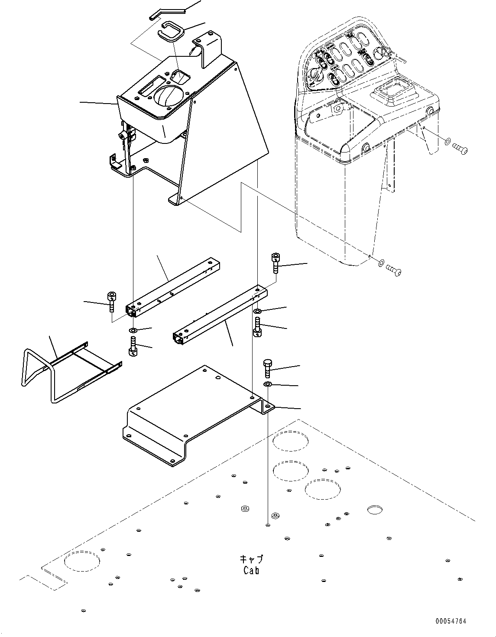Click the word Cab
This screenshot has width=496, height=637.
(251, 570)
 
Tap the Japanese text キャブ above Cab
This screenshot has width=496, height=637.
(252, 559)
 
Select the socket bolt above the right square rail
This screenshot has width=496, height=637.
(276, 263)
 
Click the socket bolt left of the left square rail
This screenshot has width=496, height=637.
(112, 302)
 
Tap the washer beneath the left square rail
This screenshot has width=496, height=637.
(133, 331)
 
